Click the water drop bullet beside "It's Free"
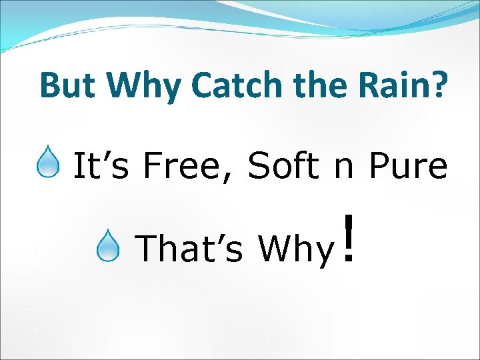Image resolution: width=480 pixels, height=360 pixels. [48, 164]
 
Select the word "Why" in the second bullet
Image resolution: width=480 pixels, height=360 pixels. [295, 249]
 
